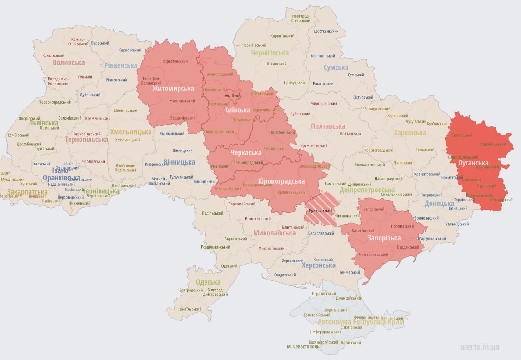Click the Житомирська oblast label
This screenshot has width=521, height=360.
tap(173, 88)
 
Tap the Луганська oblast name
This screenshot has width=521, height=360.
tap(473, 163)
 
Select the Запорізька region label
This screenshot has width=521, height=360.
tap(384, 238)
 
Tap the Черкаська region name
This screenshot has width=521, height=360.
tap(246, 152)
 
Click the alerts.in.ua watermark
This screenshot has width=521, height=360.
tap(480, 346)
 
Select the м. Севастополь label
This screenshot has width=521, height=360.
tap(303, 346)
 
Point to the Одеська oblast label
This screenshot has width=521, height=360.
tap(208, 282)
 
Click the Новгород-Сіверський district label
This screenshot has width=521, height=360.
tap(301, 18)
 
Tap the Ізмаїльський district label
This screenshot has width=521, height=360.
tap(190, 309)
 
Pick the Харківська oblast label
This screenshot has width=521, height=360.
tap(410, 133)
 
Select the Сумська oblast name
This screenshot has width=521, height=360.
tap(336, 68)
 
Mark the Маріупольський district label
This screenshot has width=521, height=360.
tap(431, 238)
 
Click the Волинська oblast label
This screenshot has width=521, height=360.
tap(69, 63)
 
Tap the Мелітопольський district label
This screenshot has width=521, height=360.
tap(372, 255)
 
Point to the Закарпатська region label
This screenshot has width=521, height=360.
tap(27, 192)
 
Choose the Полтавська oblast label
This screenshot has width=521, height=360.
tap(328, 126)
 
